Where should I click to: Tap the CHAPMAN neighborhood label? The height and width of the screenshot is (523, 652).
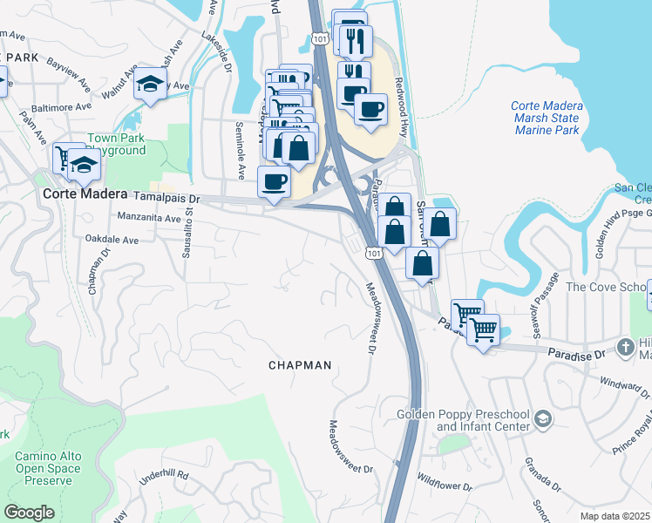299,365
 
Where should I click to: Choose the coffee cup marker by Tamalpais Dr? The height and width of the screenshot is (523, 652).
274,182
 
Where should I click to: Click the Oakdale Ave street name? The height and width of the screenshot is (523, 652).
112,239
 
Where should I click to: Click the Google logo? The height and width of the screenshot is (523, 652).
29,512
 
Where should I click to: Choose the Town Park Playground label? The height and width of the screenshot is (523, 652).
116,144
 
